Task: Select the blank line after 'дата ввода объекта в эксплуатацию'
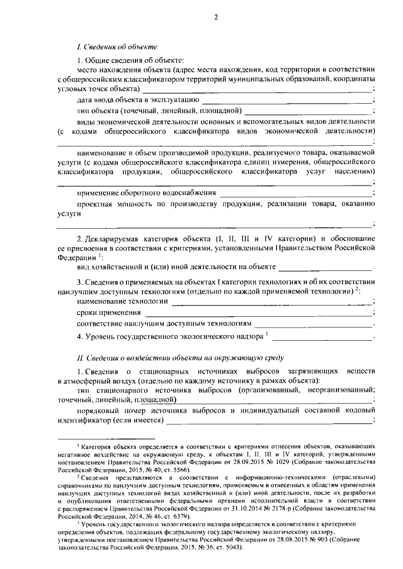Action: [x=287, y=101]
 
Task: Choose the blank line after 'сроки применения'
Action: [x=258, y=313]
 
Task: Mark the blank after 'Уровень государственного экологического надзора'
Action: [x=322, y=338]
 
